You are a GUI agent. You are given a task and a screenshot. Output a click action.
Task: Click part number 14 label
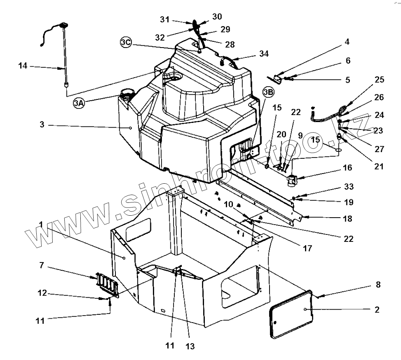point(23,66)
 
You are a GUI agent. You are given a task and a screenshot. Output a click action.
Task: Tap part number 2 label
point(376,310)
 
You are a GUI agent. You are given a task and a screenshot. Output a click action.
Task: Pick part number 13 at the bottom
point(190,346)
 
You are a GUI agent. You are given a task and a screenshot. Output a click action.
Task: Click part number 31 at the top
point(165,20)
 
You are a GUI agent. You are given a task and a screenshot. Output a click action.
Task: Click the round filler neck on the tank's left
point(127,93)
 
